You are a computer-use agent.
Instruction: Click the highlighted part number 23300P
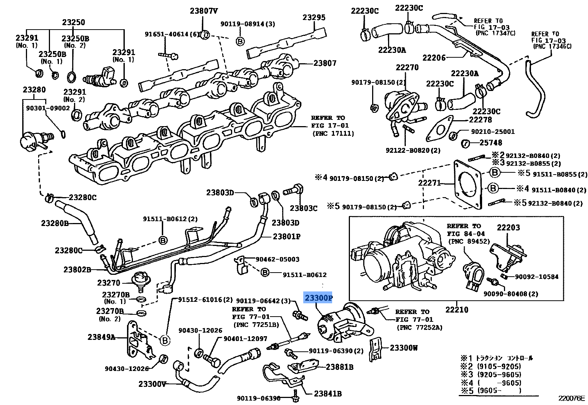(x=318, y=298)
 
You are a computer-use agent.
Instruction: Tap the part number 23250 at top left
(x=73, y=22)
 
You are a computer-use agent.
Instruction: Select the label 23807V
(x=204, y=11)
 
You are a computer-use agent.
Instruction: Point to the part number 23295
(x=314, y=17)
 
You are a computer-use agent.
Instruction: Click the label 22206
(x=434, y=58)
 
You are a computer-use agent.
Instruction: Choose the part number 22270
(x=407, y=67)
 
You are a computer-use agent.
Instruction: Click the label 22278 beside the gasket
(x=480, y=120)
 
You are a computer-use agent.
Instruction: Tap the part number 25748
(x=491, y=143)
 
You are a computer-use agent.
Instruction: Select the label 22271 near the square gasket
(x=430, y=183)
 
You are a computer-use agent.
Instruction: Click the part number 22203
(x=508, y=228)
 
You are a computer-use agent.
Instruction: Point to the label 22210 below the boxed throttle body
(x=457, y=310)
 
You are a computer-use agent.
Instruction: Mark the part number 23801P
(x=287, y=236)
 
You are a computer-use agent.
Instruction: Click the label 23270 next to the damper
(x=108, y=283)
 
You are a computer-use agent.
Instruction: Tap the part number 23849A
(x=101, y=337)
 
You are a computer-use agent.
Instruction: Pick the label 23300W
(x=404, y=348)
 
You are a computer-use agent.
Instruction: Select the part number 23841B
(x=328, y=394)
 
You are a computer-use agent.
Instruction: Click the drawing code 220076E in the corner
(x=571, y=398)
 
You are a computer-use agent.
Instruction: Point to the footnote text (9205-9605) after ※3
(x=499, y=375)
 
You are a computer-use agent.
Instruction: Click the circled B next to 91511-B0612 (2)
(x=163, y=240)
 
